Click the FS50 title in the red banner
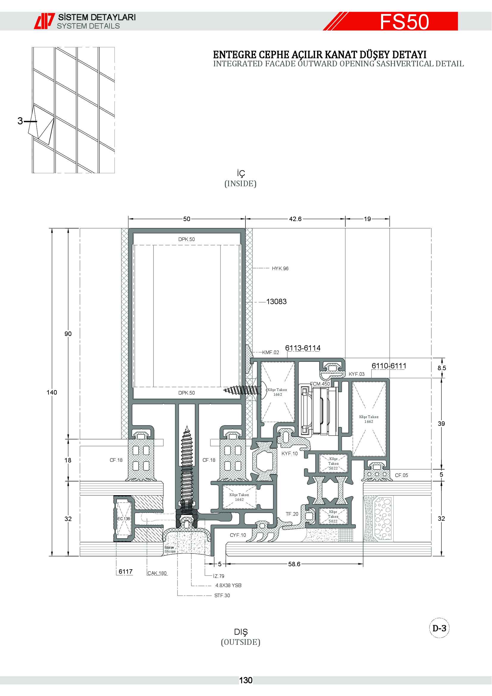click(405, 21)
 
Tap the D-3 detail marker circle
click(439, 628)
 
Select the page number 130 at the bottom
click(246, 681)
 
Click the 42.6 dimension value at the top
click(295, 219)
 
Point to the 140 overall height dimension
click(52, 392)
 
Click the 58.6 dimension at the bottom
click(294, 564)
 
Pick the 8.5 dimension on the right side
click(442, 368)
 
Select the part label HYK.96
click(280, 269)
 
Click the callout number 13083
click(276, 302)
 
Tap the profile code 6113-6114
click(303, 348)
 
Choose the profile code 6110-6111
click(389, 366)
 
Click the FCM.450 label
click(320, 384)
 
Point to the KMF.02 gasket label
click(270, 352)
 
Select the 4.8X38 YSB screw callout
click(228, 585)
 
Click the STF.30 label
click(222, 595)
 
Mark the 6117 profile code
click(126, 572)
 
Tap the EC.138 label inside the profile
click(124, 519)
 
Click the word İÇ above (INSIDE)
click(241, 173)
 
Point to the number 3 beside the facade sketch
click(20, 121)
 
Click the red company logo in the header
click(44, 21)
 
